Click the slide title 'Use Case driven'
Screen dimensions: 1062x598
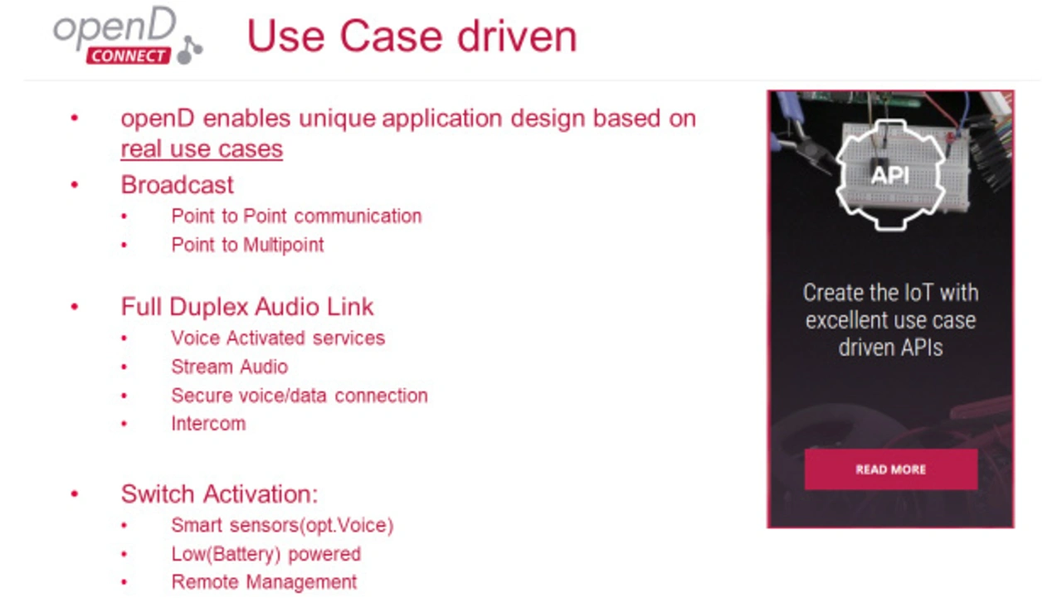412,36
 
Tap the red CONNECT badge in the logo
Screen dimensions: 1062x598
128,56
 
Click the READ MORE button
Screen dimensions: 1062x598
891,469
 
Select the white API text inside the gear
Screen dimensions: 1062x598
890,175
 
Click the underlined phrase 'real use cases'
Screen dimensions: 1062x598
202,148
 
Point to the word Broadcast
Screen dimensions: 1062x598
178,184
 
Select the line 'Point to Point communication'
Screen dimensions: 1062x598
296,216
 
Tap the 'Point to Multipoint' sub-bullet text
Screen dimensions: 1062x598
247,245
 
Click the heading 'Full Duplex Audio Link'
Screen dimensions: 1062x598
247,307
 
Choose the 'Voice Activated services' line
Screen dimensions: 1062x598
278,338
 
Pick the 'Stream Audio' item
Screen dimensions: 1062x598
230,367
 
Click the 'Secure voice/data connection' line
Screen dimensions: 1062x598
300,396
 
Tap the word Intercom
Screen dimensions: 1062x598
208,424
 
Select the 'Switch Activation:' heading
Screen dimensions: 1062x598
219,493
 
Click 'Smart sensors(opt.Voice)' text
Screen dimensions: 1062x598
282,526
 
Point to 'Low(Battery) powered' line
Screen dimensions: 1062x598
266,554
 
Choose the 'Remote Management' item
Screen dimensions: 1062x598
264,582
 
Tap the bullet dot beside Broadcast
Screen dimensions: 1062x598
75,185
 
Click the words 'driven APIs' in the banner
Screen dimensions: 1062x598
890,348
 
